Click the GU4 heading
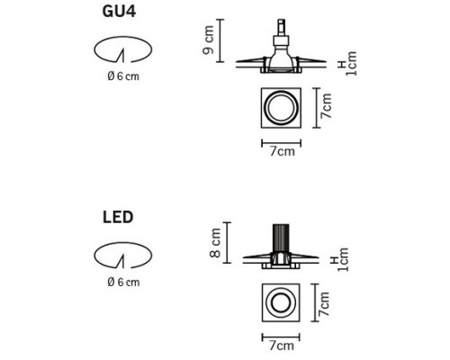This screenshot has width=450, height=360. [119, 12]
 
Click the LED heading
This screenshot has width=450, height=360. [118, 217]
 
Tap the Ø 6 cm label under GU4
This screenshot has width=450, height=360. [123, 76]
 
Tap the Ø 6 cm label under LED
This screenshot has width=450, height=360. [123, 282]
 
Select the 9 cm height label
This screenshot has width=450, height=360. [209, 40]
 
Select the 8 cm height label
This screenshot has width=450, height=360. [215, 243]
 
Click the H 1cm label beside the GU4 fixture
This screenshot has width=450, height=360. [347, 64]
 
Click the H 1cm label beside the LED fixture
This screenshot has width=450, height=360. [339, 260]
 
